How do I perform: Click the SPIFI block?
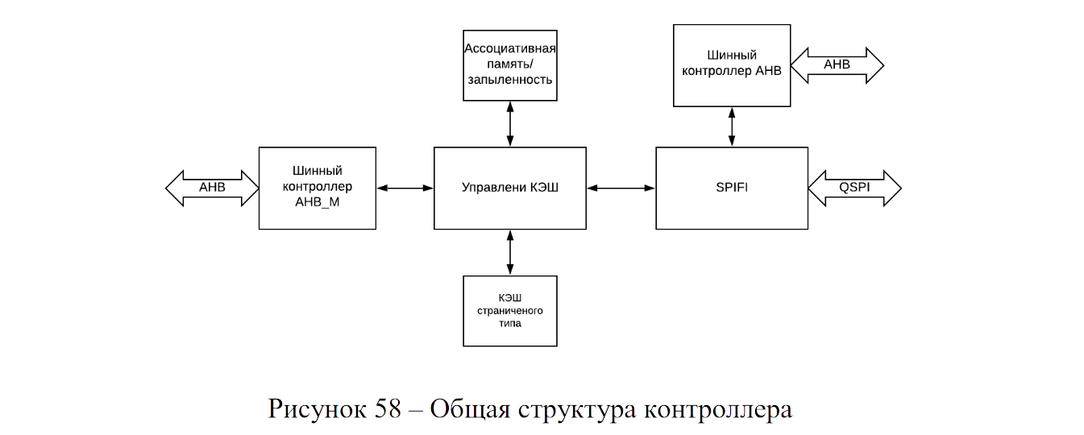731,188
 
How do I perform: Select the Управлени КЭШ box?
509,188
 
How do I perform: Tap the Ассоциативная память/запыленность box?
509,64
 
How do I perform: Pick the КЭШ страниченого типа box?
509,310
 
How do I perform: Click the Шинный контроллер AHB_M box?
317,188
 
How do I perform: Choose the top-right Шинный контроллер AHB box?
731,64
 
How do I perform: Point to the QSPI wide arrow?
854,188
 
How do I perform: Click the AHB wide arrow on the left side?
212,188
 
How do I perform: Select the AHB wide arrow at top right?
837,64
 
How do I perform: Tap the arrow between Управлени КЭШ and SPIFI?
621,188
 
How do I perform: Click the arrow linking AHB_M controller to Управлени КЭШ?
405,188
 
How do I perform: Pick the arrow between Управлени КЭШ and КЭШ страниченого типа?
509,252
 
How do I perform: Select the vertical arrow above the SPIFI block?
731,126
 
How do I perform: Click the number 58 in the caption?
387,409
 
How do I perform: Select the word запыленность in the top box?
509,80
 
